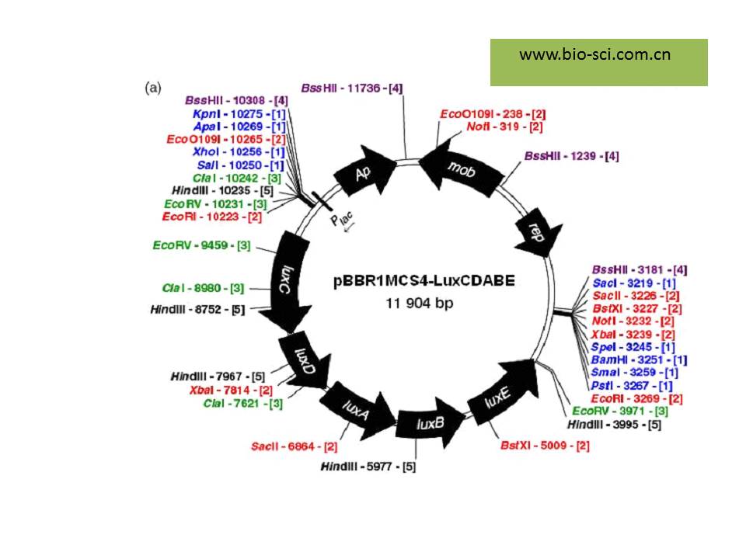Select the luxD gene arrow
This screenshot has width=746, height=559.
coord(301,358)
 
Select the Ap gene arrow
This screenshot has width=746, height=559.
coord(361,174)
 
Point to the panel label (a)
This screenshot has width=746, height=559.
coord(153,88)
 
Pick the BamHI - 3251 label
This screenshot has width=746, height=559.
coord(640,359)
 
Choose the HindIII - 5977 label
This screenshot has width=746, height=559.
coord(368,467)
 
